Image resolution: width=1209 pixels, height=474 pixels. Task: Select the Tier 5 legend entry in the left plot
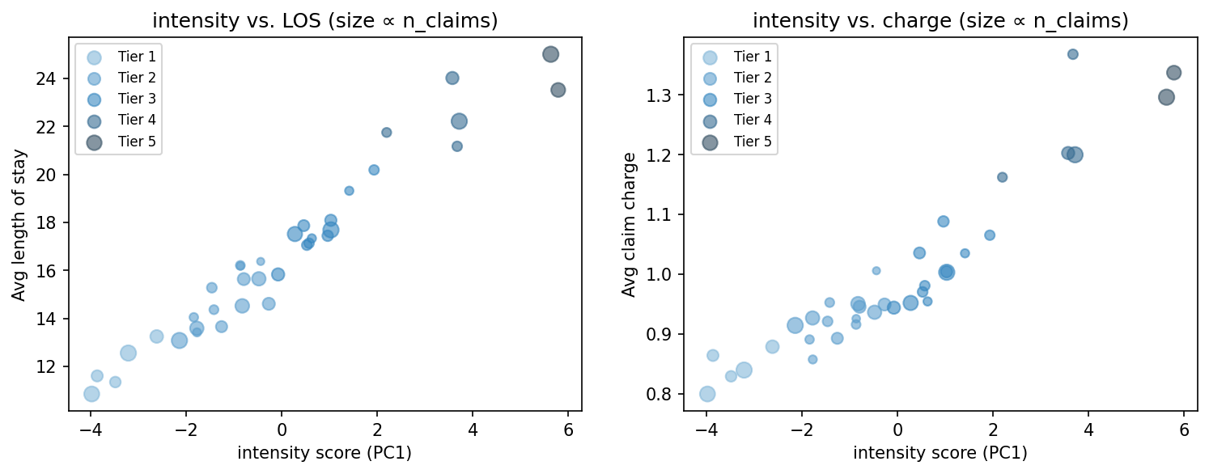pos(119,142)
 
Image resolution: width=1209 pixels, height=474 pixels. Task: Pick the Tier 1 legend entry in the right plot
pos(735,57)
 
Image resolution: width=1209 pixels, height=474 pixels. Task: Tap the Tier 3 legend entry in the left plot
pos(119,99)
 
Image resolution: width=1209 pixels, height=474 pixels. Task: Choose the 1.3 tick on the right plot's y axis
pos(661,95)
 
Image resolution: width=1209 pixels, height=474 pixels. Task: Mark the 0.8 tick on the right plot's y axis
pos(661,394)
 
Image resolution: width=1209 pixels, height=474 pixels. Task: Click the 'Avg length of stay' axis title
pos(19,225)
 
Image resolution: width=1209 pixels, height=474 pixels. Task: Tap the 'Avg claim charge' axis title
pos(629,225)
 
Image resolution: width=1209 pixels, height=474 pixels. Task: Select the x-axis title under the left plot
pos(325,453)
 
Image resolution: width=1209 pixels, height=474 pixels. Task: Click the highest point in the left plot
pos(550,54)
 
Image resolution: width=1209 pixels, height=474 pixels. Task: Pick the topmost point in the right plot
pos(1072,54)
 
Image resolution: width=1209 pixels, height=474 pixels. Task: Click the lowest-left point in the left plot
pos(91,394)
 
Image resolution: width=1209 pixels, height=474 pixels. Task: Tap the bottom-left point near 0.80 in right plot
pos(707,394)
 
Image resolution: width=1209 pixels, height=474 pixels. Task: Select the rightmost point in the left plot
pos(558,90)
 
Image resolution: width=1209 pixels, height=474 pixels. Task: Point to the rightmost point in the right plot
pos(1173,73)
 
